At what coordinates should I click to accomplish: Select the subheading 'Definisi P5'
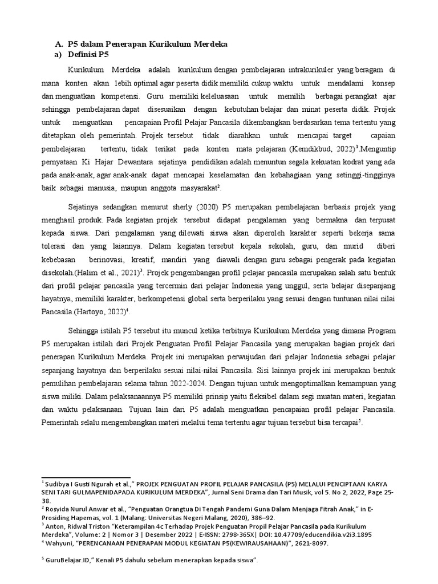tap(89, 55)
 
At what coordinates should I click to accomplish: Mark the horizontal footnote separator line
tap(86, 477)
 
